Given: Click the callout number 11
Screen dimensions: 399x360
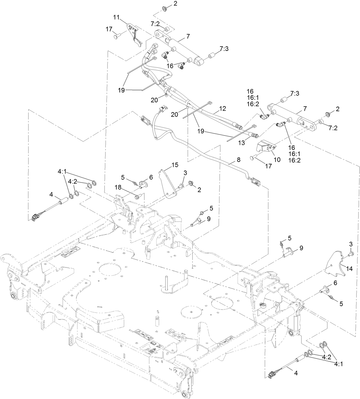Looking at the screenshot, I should (116, 17).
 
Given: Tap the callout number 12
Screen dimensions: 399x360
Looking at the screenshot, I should (223, 109).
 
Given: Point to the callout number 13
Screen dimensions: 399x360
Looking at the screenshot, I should (242, 143).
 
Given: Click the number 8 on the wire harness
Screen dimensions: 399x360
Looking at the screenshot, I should (239, 160).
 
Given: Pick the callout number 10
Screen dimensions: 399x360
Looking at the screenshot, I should (277, 159).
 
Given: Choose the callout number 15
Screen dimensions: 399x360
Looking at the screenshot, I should (175, 165).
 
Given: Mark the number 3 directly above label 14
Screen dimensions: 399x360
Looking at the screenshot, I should (351, 244).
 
